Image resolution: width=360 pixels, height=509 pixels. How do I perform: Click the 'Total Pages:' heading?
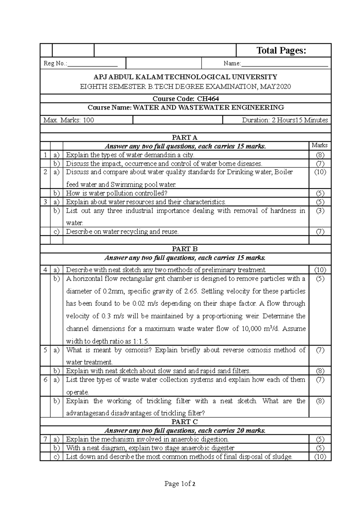click(281, 51)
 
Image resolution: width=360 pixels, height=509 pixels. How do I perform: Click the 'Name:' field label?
click(232, 64)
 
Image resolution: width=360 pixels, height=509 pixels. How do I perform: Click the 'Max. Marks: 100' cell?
click(69, 120)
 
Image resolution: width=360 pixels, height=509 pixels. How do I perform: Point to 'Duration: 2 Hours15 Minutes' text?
click(285, 120)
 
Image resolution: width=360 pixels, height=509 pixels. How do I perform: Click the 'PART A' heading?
click(184, 138)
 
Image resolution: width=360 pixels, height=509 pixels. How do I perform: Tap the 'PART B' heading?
click(184, 249)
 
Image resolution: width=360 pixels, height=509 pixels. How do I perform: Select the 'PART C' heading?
click(184, 422)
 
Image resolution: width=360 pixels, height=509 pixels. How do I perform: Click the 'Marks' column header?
click(319, 145)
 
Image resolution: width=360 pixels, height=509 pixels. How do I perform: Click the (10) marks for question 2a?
click(320, 172)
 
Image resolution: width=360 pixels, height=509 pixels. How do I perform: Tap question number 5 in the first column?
click(45, 350)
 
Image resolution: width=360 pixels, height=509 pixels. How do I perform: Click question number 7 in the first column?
click(45, 439)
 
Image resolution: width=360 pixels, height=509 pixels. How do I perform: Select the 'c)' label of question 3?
click(56, 231)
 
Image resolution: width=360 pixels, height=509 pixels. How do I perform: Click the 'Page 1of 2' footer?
click(180, 484)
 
